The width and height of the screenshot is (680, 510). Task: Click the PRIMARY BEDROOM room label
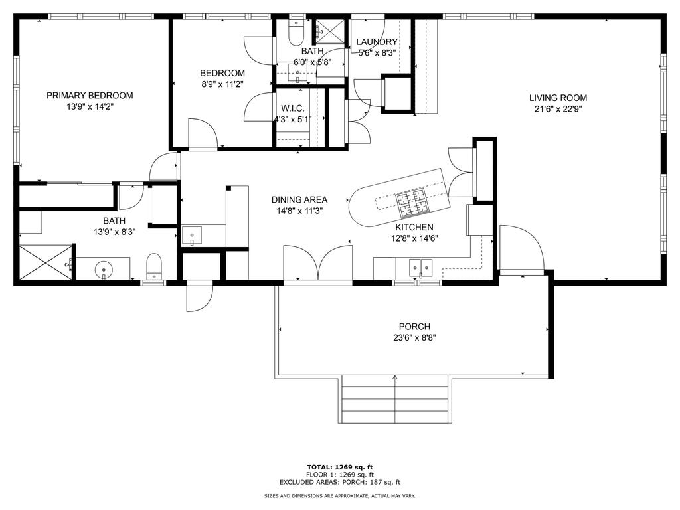90,96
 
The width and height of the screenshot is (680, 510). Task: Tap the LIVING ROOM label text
558,98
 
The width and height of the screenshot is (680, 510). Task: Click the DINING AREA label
299,199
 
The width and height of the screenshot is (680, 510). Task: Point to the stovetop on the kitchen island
412,203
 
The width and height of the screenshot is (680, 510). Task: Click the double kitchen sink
420,268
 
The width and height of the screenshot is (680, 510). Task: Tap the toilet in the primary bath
154,266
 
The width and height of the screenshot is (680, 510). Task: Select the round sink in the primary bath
104,269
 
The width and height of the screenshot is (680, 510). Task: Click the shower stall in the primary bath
46,262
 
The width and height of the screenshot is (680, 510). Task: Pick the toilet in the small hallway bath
297,32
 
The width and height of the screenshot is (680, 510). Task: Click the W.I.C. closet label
293,108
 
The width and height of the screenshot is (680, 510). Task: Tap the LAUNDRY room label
377,42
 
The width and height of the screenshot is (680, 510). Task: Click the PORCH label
414,327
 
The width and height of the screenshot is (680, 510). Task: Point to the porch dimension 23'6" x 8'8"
414,338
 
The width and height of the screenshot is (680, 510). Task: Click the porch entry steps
394,399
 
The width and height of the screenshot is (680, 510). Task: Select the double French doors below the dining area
318,264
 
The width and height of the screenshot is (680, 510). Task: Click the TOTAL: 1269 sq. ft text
340,467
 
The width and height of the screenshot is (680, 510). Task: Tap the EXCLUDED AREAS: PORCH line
340,482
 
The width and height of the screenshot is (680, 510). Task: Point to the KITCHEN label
414,227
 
